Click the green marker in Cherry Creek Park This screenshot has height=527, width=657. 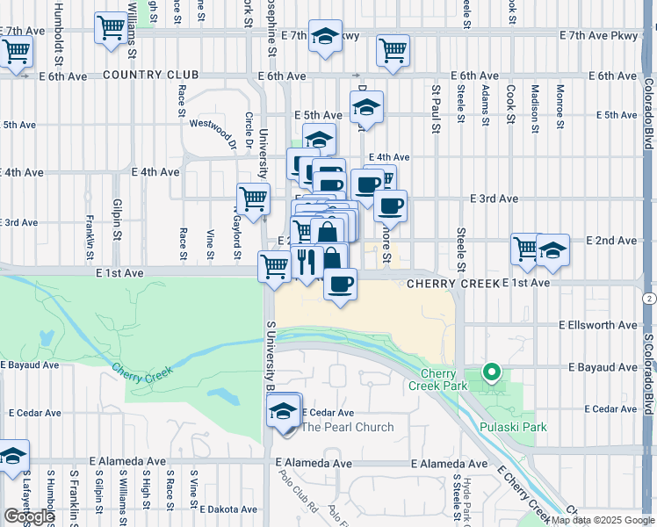pos(492,373)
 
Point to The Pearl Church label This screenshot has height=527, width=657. pos(347,427)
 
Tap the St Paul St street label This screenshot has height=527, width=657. pos(435,109)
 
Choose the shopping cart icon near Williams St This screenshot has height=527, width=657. pos(112,28)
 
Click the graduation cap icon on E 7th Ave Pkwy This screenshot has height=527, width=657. pos(326,37)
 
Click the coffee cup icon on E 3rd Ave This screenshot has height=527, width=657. pos(390,206)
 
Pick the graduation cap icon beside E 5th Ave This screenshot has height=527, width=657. pos(365,108)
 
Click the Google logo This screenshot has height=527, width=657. pos(28,516)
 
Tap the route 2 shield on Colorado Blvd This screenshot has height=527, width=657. pos(649,299)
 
